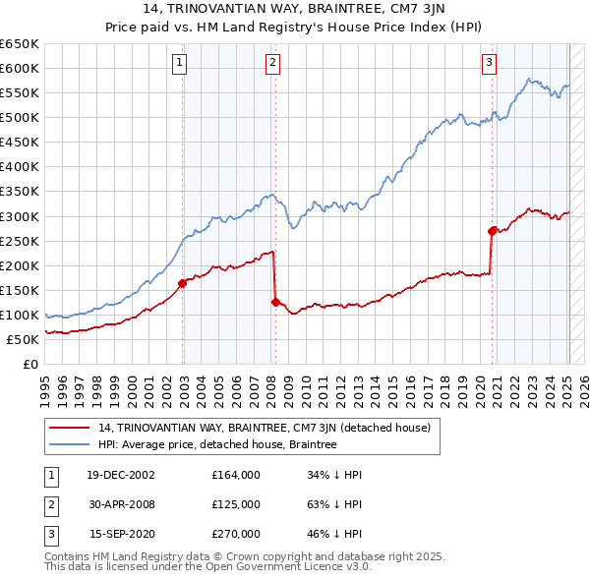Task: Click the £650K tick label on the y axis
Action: pyautogui.click(x=20, y=44)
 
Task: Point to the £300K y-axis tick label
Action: pyautogui.click(x=20, y=216)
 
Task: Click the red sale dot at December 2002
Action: pyautogui.click(x=183, y=283)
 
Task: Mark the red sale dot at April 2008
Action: pyautogui.click(x=276, y=302)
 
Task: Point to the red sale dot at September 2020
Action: pyautogui.click(x=492, y=231)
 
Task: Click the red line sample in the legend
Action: pyautogui.click(x=70, y=428)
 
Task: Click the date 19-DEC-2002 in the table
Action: pyautogui.click(x=122, y=475)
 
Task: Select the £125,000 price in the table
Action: pyautogui.click(x=236, y=504)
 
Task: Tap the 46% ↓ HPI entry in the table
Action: pyautogui.click(x=335, y=534)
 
